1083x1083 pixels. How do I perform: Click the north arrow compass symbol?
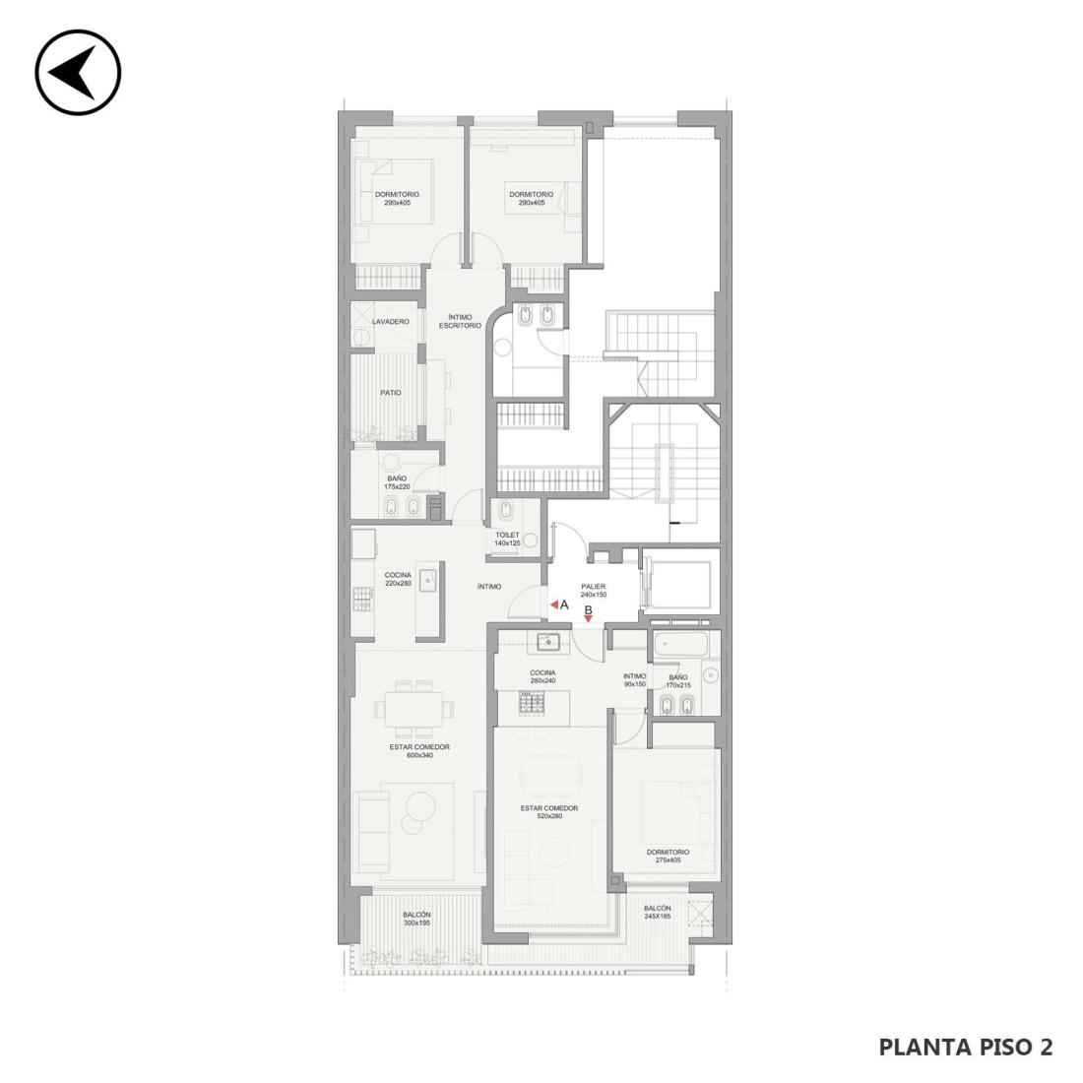78,72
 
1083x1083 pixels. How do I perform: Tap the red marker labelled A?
554,605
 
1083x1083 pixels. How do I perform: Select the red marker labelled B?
588,619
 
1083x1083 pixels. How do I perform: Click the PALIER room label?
594,591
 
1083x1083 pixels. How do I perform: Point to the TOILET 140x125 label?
507,540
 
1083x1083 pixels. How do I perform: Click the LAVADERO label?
390,322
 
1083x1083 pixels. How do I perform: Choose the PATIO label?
390,393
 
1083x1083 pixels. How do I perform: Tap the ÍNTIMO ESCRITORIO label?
460,321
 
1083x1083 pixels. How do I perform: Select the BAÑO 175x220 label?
397,482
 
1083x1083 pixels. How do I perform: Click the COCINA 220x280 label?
398,579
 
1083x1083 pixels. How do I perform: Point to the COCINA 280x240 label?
542,677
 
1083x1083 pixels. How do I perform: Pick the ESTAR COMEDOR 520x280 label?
549,812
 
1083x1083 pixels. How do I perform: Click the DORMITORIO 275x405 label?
668,857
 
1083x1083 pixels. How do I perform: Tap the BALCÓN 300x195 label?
416,919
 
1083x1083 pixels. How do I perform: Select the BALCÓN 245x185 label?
657,913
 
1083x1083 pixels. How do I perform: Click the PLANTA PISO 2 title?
966,1048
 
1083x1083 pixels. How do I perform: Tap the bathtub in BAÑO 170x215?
680,644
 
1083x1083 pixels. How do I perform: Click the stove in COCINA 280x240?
534,703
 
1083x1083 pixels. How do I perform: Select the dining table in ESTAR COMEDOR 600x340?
414,709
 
